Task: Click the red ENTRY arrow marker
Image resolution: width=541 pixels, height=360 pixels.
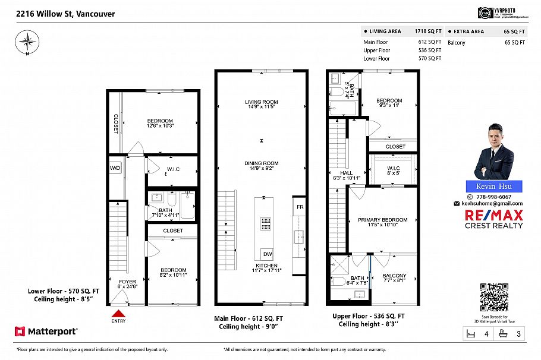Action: coord(119,313)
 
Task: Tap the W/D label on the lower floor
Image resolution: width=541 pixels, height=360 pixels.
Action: coord(115,168)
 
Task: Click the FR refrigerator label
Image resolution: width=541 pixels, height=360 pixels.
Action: coord(300,207)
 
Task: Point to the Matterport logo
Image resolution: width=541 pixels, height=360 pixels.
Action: coord(46,331)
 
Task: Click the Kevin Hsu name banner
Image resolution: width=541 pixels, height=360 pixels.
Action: coord(493,187)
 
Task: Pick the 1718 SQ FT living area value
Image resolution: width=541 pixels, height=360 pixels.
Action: coord(427,31)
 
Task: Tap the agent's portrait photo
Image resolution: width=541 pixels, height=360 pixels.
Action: coord(493,151)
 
